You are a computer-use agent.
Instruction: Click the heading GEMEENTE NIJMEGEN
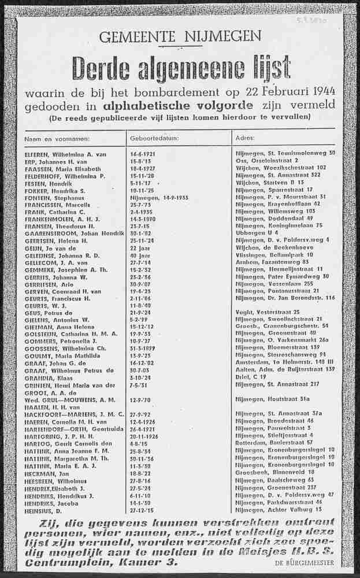click(x=180, y=38)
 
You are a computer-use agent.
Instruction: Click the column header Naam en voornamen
click(x=57, y=139)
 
